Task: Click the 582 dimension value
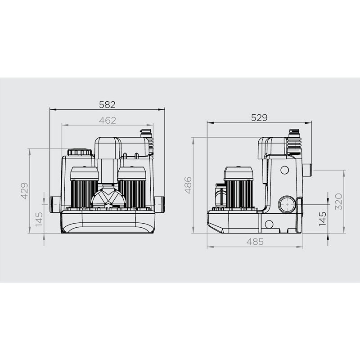[107, 105]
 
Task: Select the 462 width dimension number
[108, 120]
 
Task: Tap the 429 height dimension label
[25, 191]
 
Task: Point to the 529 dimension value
[259, 117]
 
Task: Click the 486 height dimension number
[188, 185]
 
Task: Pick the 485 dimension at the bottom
[255, 242]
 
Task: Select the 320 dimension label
[339, 202]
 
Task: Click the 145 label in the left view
[39, 219]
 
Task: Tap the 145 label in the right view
[323, 219]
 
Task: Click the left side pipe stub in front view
[55, 205]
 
